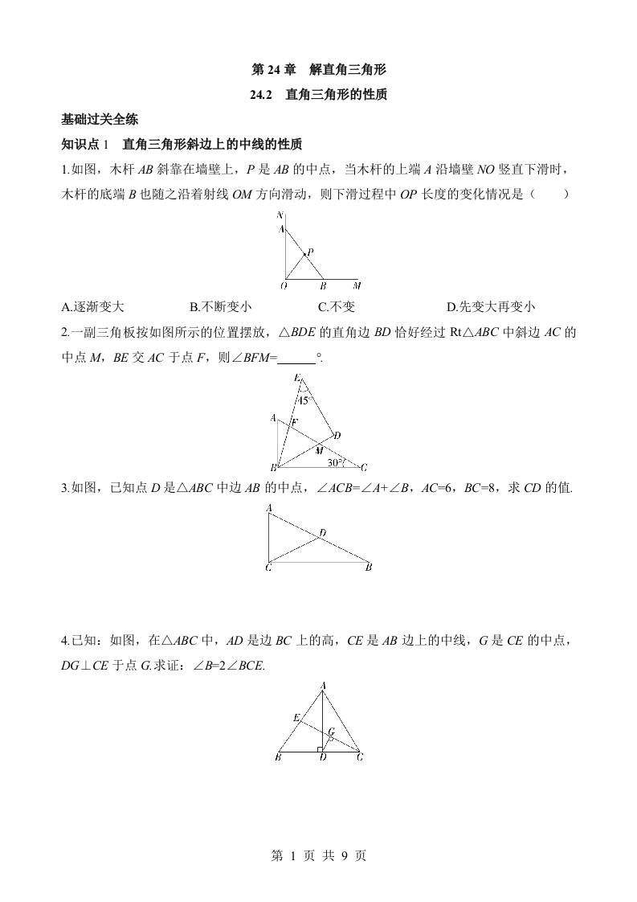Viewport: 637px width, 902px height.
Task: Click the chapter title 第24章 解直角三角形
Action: coord(319,70)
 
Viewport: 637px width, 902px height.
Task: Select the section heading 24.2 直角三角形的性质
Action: coord(319,95)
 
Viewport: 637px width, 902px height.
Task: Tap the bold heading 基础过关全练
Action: coord(100,120)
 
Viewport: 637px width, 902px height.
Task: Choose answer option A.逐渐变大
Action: coord(92,306)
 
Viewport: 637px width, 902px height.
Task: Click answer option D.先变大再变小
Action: coord(490,306)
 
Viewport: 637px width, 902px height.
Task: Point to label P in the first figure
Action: coord(310,252)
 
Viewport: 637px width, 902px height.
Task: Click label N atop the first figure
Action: coord(280,215)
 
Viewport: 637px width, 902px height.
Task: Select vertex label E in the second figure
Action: coord(297,378)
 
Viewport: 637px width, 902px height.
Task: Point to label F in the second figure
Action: coord(295,422)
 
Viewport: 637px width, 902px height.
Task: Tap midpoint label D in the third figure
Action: coord(322,532)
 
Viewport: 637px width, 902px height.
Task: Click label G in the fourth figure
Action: coord(331,732)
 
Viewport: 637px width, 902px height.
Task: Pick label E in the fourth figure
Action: coord(296,717)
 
